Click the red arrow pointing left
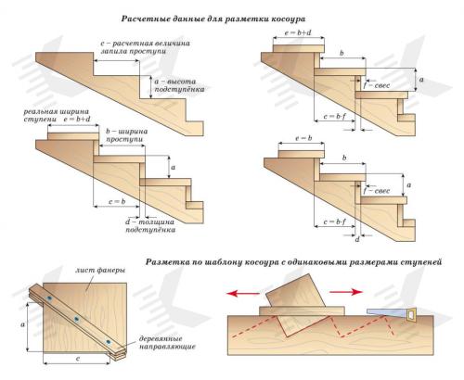pyautogui.click(x=243, y=293)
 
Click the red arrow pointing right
pyautogui.click(x=346, y=292)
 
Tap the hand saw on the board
pyautogui.click(x=392, y=314)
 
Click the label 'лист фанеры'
pyautogui.click(x=100, y=270)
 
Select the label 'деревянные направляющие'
pyautogui.click(x=167, y=343)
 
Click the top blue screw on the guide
pyautogui.click(x=49, y=298)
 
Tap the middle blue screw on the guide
pyautogui.click(x=76, y=319)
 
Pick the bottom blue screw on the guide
pyautogui.click(x=108, y=342)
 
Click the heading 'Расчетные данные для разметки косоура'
pyautogui.click(x=213, y=19)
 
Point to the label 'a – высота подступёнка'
pyautogui.click(x=179, y=85)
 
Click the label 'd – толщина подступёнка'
pyautogui.click(x=150, y=226)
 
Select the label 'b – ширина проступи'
pyautogui.click(x=127, y=135)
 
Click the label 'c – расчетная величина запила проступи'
pyautogui.click(x=145, y=47)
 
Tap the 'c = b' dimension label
pyautogui.click(x=117, y=202)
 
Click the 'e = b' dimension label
pyautogui.click(x=303, y=138)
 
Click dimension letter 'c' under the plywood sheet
pyautogui.click(x=78, y=359)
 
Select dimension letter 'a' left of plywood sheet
pyautogui.click(x=22, y=324)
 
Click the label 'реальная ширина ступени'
pyautogui.click(x=57, y=115)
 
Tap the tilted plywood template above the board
pyautogui.click(x=296, y=304)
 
